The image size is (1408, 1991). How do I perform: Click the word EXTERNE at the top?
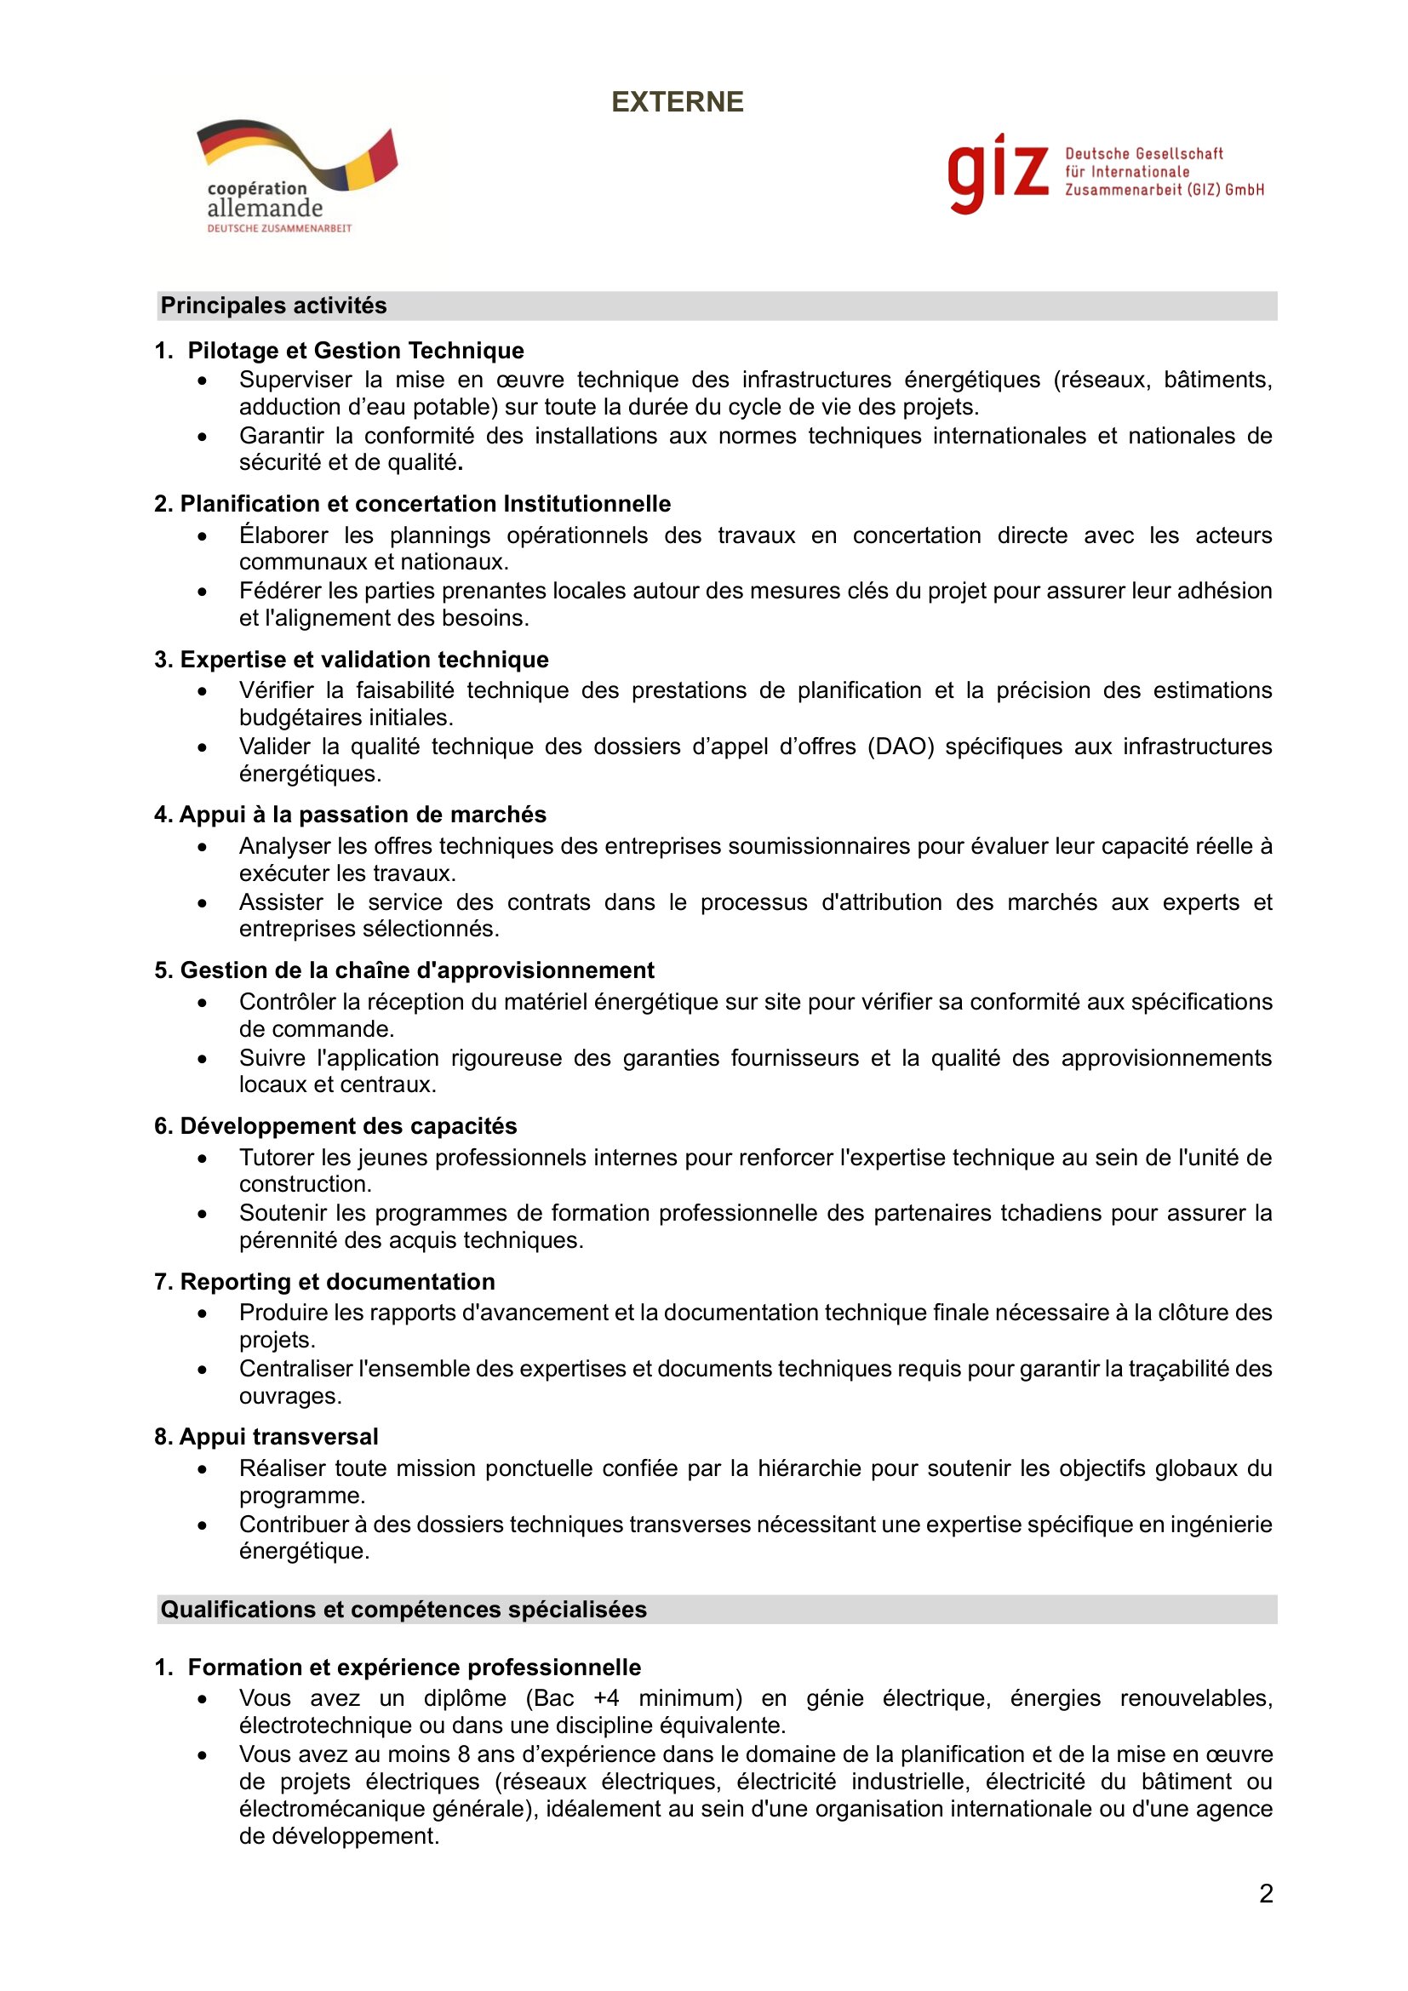pyautogui.click(x=677, y=102)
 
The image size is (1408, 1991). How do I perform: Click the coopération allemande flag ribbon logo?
pyautogui.click(x=296, y=156)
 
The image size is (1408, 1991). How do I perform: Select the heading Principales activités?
pyautogui.click(x=274, y=306)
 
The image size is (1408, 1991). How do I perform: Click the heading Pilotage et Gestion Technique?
pyautogui.click(x=356, y=351)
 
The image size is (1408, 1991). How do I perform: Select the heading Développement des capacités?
pyautogui.click(x=348, y=1125)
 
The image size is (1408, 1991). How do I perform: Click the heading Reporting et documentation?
pyautogui.click(x=337, y=1282)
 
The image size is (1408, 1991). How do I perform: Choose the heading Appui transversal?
pyautogui.click(x=278, y=1437)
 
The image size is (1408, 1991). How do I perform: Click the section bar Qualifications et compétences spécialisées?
pyautogui.click(x=404, y=1610)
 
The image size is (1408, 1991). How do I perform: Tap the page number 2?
pyautogui.click(x=1266, y=1894)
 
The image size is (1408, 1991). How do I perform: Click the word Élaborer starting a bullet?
pyautogui.click(x=283, y=535)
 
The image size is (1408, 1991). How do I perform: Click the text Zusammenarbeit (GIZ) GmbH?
pyautogui.click(x=1165, y=190)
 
